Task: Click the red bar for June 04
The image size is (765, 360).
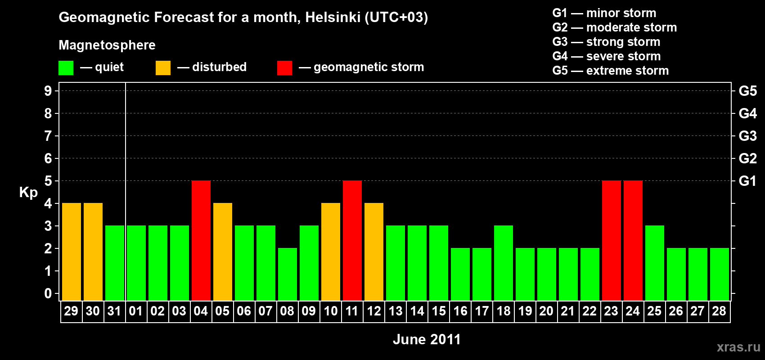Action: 201,240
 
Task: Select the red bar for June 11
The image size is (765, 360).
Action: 352,240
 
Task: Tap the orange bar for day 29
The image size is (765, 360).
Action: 72,252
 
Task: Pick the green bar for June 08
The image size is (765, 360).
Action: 288,274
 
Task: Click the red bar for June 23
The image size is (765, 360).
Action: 612,240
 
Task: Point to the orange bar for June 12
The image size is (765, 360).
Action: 374,252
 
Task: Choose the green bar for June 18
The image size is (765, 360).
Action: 504,263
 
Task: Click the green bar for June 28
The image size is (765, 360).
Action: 720,274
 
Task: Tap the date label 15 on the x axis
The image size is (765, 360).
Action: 439,311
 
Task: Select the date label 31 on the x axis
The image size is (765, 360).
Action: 114,311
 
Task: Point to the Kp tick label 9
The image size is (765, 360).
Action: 48,91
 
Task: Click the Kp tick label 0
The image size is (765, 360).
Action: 48,293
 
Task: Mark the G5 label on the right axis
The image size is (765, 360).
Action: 747,91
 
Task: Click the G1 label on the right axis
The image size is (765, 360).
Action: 747,181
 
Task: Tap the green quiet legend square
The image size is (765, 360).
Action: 66,68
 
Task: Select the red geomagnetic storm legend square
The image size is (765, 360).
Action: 284,68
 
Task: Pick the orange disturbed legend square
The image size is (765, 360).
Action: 163,68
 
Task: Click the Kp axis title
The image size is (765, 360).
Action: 28,193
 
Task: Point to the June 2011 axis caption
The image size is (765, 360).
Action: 427,339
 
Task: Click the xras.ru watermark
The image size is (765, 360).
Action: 738,347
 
